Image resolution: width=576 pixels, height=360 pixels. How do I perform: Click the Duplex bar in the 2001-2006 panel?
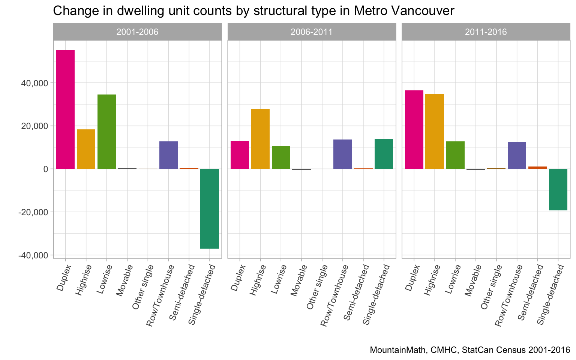(x=65, y=109)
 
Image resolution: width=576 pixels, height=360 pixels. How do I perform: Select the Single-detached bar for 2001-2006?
(x=210, y=208)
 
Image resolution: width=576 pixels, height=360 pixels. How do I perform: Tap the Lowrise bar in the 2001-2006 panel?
(x=106, y=132)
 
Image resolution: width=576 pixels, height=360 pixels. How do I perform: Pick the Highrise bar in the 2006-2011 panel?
(x=260, y=139)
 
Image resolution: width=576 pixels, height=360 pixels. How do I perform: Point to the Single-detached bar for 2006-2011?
(x=384, y=154)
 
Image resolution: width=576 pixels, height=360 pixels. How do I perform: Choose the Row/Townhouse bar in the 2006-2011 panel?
(x=342, y=154)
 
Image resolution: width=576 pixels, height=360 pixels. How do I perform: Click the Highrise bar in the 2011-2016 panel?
(x=434, y=131)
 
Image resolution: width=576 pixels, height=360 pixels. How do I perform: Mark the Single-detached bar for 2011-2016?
(x=558, y=189)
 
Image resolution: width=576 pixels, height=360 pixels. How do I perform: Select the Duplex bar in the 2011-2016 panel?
(x=414, y=129)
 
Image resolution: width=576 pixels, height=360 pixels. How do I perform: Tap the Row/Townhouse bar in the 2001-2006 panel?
(x=168, y=155)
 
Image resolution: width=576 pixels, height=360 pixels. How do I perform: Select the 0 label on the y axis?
(x=45, y=169)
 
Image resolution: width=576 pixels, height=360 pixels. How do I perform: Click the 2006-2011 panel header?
(x=312, y=32)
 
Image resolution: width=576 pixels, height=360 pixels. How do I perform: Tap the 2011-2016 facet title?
(x=486, y=32)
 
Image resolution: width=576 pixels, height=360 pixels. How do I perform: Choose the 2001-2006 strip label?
(x=137, y=32)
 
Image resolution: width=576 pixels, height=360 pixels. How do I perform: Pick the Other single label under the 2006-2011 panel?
(x=317, y=287)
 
